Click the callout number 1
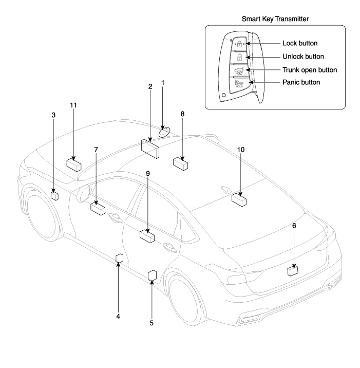[163, 82]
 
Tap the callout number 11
[73, 105]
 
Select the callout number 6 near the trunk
[294, 218]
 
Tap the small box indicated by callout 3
[54, 195]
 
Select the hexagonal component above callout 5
[153, 276]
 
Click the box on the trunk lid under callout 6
[293, 269]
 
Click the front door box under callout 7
[98, 208]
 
